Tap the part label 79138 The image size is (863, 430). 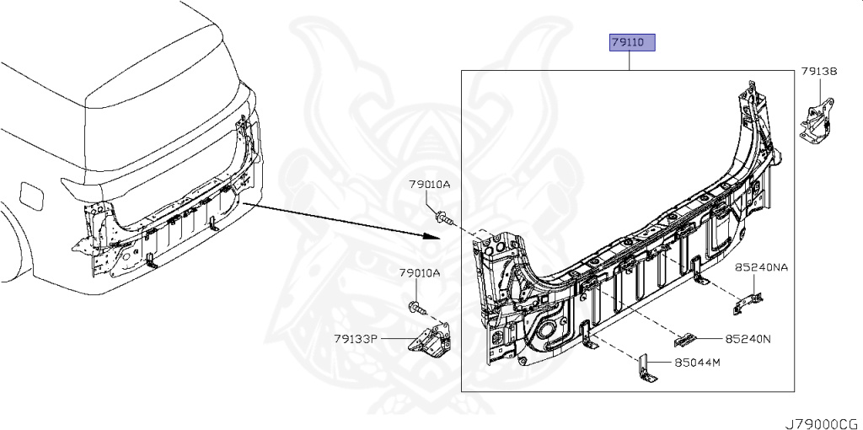click(818, 73)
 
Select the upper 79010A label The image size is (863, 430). click(430, 184)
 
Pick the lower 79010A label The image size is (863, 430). click(420, 273)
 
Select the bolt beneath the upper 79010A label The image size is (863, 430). click(444, 219)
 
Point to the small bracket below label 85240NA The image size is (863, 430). click(747, 301)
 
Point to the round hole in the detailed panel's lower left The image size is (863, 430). click(549, 326)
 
